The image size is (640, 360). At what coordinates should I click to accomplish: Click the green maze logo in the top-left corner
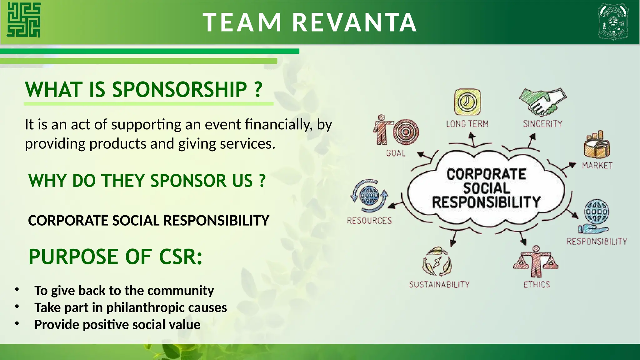point(24,20)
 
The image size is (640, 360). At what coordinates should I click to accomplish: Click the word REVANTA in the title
point(354,22)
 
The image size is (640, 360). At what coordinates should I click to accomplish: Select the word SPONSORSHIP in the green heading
point(180,90)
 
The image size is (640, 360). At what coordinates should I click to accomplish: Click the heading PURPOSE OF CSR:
point(115,257)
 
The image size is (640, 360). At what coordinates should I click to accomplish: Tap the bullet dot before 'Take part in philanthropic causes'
point(17,307)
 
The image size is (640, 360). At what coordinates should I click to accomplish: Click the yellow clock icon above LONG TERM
point(467,102)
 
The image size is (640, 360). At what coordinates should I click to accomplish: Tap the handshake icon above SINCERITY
point(543,102)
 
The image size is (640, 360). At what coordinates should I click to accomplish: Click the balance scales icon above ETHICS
point(536,262)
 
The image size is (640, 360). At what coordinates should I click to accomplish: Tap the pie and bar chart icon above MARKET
point(597,145)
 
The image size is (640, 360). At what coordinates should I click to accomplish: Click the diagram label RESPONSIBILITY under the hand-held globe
point(597,242)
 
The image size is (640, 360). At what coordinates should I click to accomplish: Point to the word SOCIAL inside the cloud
point(486,188)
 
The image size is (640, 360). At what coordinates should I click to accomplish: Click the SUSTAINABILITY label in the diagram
point(439,284)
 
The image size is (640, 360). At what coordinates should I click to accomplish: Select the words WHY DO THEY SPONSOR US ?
point(147,181)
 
